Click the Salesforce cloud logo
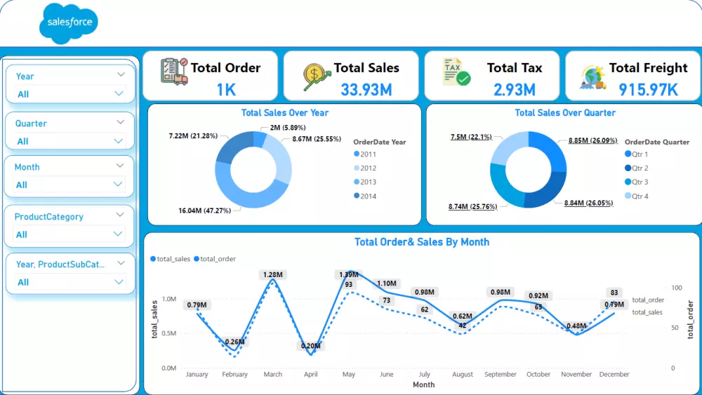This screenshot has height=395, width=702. [69, 22]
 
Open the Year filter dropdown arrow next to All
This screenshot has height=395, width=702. [118, 93]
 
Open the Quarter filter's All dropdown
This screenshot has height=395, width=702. [70, 141]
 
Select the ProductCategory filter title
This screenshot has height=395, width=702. [49, 217]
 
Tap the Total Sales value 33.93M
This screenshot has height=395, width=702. [366, 89]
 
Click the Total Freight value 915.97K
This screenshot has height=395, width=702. [648, 89]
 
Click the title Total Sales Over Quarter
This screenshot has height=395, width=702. [564, 113]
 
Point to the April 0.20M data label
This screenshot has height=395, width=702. [310, 346]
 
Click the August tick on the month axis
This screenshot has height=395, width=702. [463, 375]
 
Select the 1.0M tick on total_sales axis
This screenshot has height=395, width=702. [168, 299]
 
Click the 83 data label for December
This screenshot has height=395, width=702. [614, 293]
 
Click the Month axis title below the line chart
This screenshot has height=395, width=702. [423, 384]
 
